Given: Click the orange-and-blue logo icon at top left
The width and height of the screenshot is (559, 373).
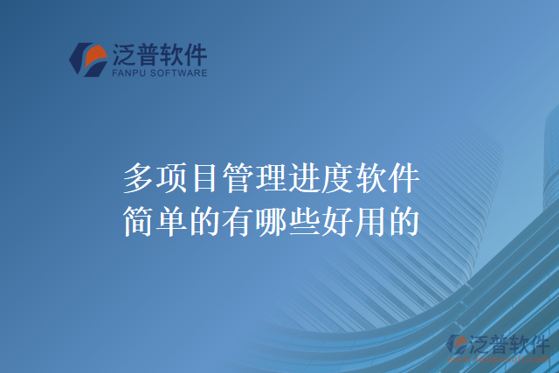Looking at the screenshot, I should (x=88, y=59).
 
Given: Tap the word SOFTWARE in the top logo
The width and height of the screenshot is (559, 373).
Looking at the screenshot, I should (x=181, y=73).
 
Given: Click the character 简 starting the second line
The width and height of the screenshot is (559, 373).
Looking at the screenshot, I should (x=139, y=219).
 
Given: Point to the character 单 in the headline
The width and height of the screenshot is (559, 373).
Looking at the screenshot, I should (x=172, y=219).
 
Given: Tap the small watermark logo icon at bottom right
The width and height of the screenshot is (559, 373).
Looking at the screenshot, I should (x=457, y=345).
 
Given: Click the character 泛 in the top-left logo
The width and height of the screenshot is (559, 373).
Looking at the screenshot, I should (x=124, y=56).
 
